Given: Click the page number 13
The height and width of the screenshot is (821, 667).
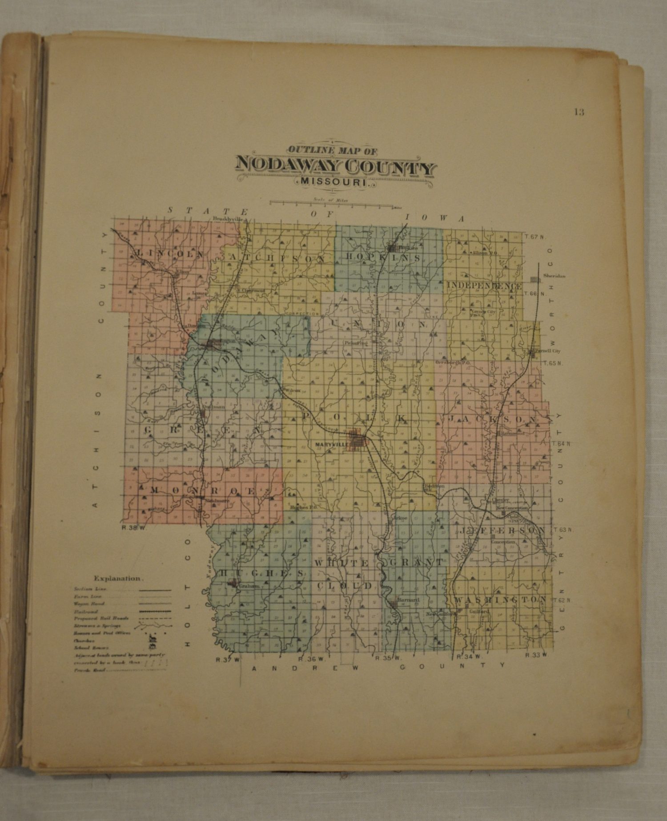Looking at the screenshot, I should click(579, 112).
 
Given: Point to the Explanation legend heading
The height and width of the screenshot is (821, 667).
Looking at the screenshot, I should click(118, 579).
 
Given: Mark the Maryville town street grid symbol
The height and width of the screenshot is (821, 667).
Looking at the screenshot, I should click(357, 440).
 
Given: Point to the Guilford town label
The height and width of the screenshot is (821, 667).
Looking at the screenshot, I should click(479, 612).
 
